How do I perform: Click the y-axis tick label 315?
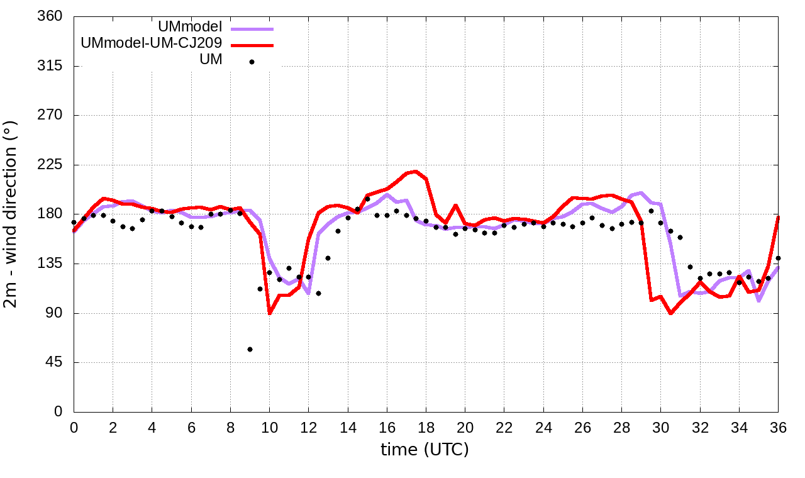click(49, 66)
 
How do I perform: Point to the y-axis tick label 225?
click(49, 165)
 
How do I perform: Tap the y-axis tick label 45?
click(53, 362)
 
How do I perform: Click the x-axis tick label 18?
click(426, 428)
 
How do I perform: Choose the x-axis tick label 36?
click(778, 428)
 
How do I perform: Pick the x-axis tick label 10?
click(269, 428)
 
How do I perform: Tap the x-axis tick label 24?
click(543, 428)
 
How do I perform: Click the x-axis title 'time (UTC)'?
click(425, 450)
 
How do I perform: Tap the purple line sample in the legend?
click(252, 28)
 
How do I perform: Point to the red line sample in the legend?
click(252, 45)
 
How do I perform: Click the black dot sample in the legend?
click(252, 62)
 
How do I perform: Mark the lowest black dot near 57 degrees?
click(250, 349)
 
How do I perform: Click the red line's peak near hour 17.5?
click(416, 171)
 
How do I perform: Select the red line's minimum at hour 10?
click(270, 313)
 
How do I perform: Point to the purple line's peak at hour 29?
click(641, 192)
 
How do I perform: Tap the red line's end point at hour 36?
click(778, 218)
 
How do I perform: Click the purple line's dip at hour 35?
click(759, 301)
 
